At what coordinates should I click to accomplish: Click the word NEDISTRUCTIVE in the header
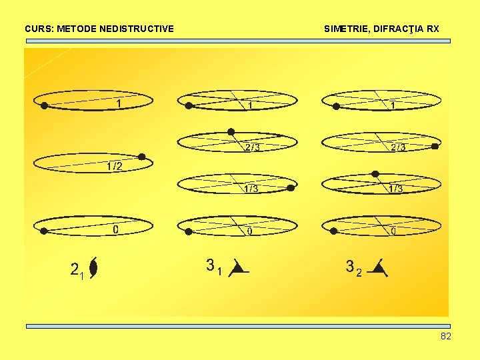point(137,29)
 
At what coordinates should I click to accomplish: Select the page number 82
point(446,336)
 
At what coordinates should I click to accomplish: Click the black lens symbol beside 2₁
point(93,268)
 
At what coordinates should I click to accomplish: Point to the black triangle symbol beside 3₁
point(239,268)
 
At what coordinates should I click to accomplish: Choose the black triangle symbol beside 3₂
point(378,268)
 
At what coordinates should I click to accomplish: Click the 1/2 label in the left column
point(115,166)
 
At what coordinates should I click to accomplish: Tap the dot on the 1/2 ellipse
point(142,157)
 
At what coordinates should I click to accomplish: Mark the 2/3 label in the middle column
point(253,147)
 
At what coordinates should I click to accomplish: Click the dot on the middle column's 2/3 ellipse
point(231,132)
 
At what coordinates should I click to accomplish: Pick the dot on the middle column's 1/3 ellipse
point(291,188)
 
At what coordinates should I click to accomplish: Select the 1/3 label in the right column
point(396,189)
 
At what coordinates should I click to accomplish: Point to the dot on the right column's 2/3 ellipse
point(435,146)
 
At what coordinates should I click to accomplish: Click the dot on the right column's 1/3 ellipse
point(375,174)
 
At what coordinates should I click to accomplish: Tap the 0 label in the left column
point(115,229)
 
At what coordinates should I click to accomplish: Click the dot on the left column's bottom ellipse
point(44,231)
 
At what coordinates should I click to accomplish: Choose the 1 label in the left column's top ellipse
point(119,104)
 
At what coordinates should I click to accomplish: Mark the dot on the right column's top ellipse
point(336,107)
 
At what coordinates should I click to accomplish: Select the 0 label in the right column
point(394,231)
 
